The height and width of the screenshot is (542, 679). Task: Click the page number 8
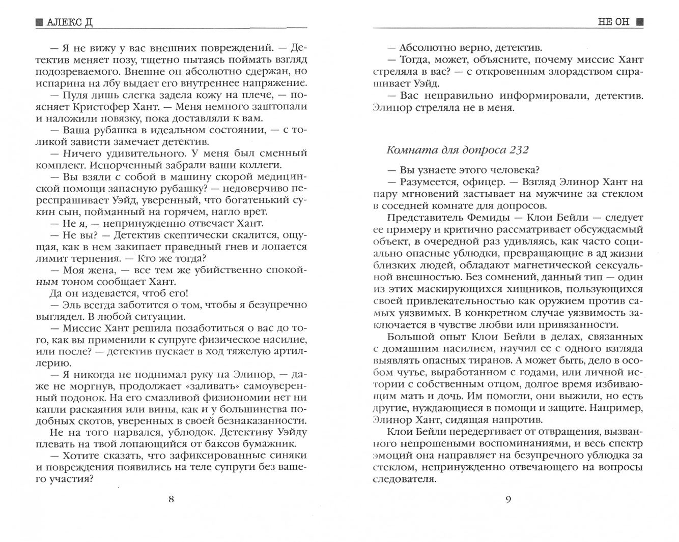click(x=171, y=499)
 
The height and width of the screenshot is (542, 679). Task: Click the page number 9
click(x=507, y=499)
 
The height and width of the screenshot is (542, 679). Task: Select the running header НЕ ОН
click(x=614, y=22)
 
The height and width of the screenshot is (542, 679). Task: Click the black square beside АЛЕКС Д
click(x=39, y=22)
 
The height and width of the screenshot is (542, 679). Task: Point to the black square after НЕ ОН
click(x=639, y=22)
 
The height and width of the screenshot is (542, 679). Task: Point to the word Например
click(x=616, y=408)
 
